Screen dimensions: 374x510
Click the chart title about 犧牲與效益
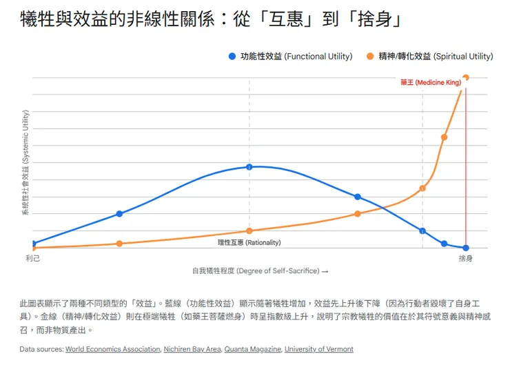tap(211, 19)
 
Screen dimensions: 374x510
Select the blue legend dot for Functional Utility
tap(232, 57)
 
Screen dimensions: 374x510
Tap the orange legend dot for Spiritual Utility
tap(371, 57)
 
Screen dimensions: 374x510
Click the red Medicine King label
tap(430, 83)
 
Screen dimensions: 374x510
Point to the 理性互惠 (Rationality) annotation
tap(249, 243)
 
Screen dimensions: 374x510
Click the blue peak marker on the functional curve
tap(249, 167)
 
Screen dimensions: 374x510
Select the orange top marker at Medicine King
tap(467, 77)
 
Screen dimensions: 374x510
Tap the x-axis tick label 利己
tap(33, 258)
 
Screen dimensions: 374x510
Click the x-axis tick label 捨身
tap(466, 258)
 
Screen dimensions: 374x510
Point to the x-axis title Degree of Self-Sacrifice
tap(260, 271)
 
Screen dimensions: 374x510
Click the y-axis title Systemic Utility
tap(25, 163)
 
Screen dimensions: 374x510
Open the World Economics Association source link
tap(112, 349)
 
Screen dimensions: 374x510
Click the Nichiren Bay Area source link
tap(192, 349)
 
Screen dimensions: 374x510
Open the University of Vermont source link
tap(318, 349)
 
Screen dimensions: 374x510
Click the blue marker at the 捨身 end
tap(466, 248)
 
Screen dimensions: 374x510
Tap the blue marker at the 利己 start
tap(33, 244)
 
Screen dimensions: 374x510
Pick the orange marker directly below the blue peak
tap(249, 230)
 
